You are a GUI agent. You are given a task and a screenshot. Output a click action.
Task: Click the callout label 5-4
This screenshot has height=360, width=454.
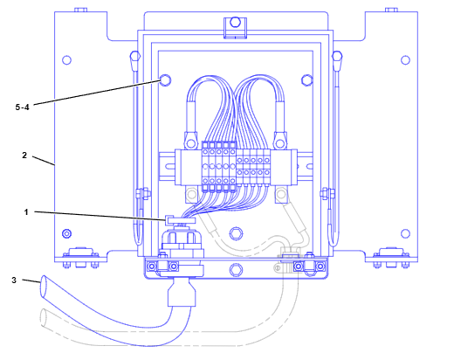pyautogui.click(x=23, y=107)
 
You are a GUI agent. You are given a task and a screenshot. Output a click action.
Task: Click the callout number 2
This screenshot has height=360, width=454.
pyautogui.click(x=24, y=156)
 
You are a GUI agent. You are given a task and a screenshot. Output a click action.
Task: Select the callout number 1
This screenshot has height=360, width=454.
pyautogui.click(x=26, y=212)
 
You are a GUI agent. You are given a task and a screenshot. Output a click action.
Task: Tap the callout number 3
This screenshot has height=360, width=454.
pyautogui.click(x=14, y=280)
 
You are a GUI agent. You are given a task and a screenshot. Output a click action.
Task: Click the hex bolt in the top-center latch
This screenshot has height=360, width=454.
pyautogui.click(x=235, y=22)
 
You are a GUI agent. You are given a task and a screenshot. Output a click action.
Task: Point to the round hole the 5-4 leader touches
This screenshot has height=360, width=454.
pyautogui.click(x=165, y=80)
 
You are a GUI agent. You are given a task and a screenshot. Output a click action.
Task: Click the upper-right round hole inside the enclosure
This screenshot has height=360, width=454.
pyautogui.click(x=306, y=80)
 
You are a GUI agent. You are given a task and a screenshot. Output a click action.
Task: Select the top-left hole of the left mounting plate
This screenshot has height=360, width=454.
pyautogui.click(x=67, y=60)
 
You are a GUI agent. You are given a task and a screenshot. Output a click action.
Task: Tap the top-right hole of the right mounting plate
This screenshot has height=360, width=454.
pyautogui.click(x=405, y=60)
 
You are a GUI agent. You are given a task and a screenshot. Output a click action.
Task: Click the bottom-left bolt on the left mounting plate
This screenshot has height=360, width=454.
pyautogui.click(x=67, y=233)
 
